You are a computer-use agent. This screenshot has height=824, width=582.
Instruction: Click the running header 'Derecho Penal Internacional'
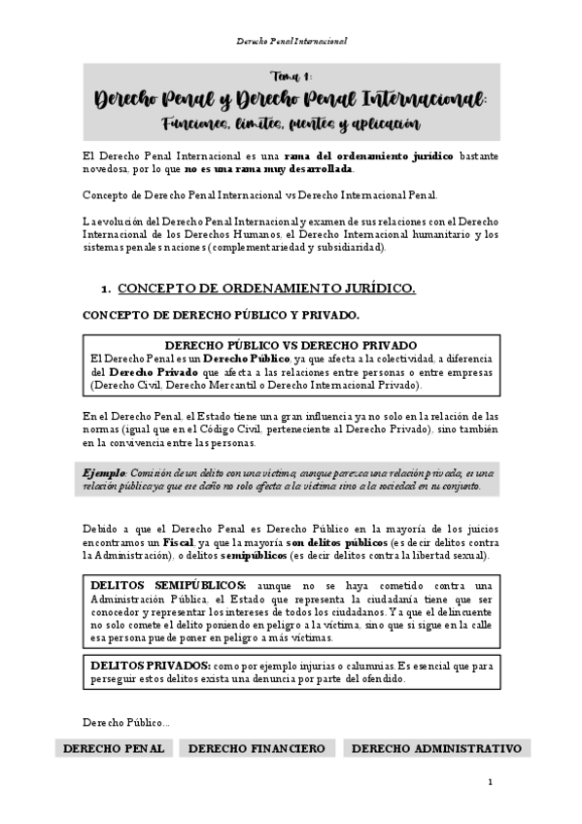[x=291, y=42]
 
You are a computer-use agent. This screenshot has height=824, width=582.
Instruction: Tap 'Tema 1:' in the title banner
[x=291, y=78]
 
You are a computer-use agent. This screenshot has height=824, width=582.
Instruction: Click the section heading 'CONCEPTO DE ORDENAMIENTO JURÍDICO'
[x=266, y=289]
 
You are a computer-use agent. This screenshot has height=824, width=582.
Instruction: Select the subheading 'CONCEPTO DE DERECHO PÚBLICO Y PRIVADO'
[x=222, y=316]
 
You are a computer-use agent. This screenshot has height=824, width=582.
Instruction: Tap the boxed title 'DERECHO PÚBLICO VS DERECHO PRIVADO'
[x=291, y=346]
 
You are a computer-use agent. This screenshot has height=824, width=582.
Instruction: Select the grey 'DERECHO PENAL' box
[x=113, y=748]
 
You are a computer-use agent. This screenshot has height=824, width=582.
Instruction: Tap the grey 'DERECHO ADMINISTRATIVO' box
[x=436, y=748]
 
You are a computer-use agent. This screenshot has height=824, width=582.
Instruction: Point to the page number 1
[x=491, y=782]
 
